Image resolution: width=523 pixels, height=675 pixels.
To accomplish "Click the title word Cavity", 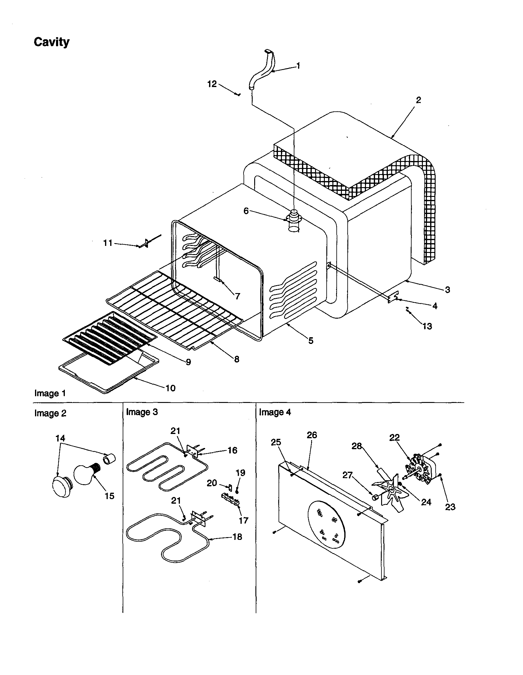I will tap(52, 42).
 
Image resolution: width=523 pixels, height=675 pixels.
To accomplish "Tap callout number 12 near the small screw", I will tap(212, 84).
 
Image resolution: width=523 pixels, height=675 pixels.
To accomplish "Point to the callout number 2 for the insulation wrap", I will tap(418, 100).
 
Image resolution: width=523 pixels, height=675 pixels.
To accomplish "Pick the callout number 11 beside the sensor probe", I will tap(107, 243).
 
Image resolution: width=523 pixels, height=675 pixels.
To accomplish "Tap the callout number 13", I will tap(427, 326).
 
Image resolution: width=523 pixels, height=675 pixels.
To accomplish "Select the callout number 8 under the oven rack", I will tap(237, 359).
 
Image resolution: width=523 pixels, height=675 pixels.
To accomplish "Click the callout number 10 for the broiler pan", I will tap(170, 388).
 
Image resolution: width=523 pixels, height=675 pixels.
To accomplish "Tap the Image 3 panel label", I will tap(142, 412).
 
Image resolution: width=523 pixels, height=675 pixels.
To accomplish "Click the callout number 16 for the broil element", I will tap(232, 450).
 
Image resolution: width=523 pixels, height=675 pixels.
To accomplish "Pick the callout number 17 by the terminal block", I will tap(243, 520).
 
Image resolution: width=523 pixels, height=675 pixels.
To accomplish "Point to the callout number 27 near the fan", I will tap(347, 475).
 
